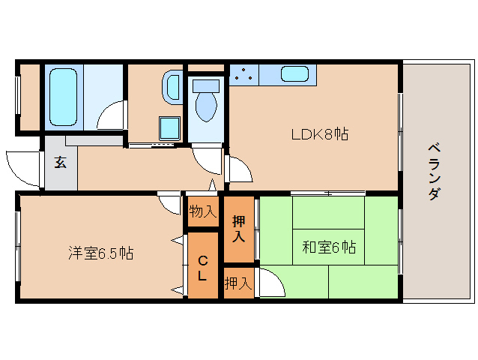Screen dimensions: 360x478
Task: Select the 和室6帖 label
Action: click(329, 246)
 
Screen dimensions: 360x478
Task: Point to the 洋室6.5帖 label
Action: click(101, 253)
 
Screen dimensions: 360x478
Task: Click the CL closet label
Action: click(202, 267)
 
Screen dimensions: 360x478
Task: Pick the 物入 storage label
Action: click(202, 211)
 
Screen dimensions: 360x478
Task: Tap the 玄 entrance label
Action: click(60, 162)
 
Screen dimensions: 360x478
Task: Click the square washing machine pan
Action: click(169, 128)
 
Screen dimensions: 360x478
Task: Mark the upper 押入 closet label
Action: click(239, 228)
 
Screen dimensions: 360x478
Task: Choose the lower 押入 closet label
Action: click(238, 283)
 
